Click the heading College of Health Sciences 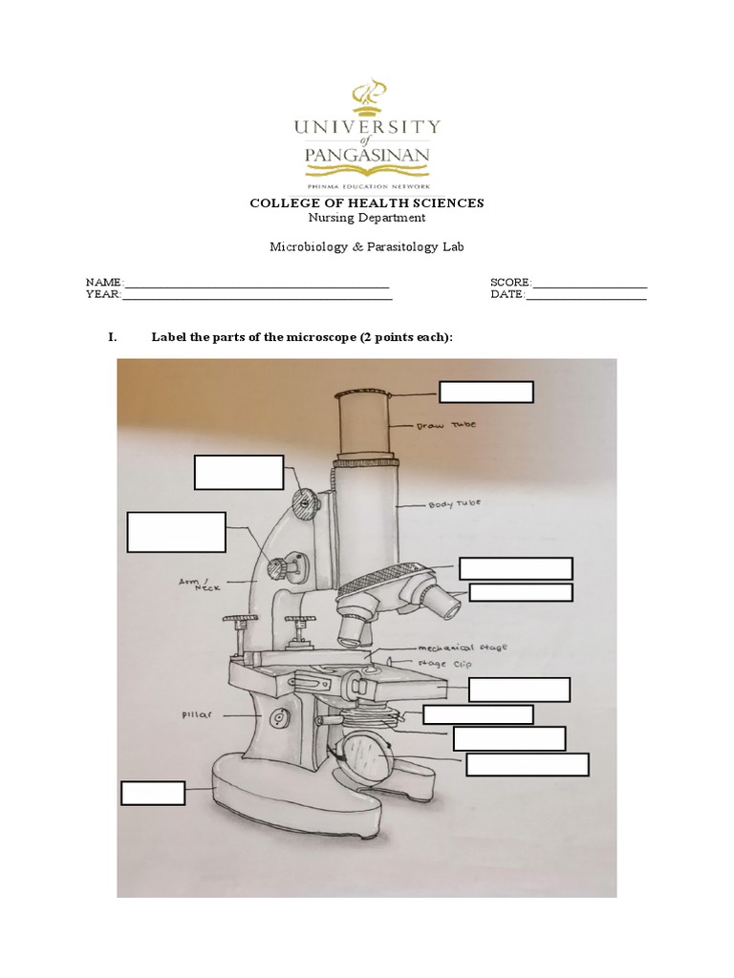[367, 202]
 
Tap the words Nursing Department [367, 218]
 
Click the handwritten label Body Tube [454, 503]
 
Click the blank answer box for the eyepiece [486, 393]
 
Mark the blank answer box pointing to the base [153, 793]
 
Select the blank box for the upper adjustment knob [239, 473]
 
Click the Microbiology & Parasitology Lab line [367, 246]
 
